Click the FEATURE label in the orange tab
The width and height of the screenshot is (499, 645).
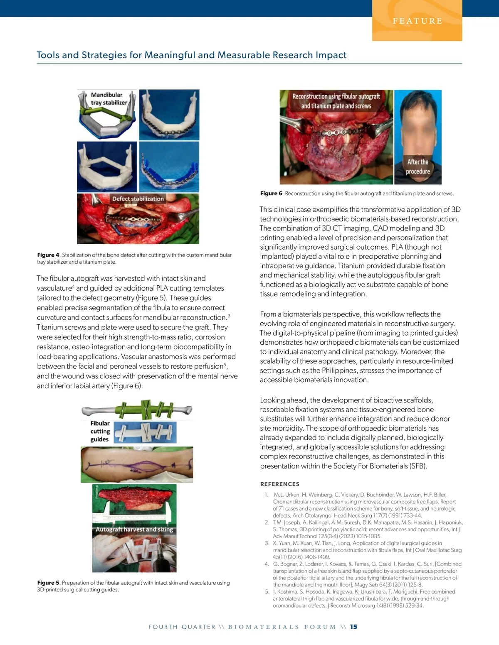(417, 21)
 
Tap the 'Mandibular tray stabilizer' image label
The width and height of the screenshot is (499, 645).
(109, 99)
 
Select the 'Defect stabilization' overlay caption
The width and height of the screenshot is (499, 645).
(138, 199)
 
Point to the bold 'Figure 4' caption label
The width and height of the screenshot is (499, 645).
(48, 255)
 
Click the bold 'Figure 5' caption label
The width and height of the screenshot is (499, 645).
(48, 583)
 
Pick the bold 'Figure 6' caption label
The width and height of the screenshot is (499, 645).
(271, 194)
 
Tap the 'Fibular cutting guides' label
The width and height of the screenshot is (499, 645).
(100, 431)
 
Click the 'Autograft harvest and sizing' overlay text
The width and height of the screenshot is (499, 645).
(134, 530)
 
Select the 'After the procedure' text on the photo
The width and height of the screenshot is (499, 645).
(418, 167)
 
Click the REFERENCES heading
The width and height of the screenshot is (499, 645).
(280, 484)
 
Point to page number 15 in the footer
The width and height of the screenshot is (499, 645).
(353, 627)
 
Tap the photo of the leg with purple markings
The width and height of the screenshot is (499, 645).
(137, 464)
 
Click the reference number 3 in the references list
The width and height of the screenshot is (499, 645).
(267, 543)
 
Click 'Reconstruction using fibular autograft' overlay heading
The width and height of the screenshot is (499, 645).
(336, 96)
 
